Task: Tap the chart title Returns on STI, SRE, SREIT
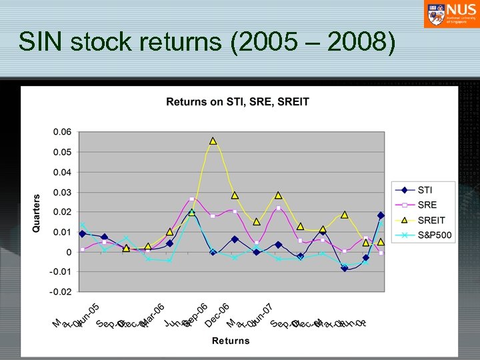237,102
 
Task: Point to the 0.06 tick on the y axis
61,132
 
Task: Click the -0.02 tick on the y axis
60,292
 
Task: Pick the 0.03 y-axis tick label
61,192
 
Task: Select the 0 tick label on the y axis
68,252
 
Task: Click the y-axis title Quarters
37,213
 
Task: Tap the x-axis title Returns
231,341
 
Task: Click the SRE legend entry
427,205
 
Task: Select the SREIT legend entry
430,220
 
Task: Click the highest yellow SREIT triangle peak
213,141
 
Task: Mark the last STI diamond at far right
381,215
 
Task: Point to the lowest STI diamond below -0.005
345,268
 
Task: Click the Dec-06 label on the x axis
217,315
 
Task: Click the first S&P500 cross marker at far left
83,225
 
